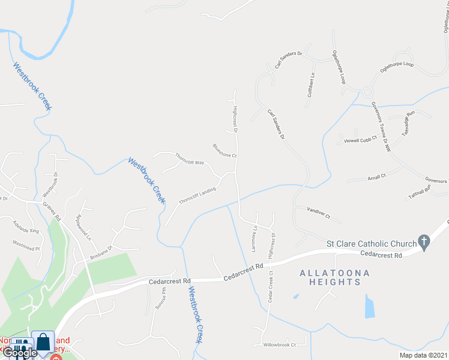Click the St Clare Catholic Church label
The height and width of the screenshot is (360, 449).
(x=371, y=244)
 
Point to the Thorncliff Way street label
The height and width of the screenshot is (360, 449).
(x=190, y=159)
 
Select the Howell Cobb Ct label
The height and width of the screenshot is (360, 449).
(x=360, y=140)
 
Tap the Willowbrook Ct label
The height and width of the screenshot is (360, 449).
(x=280, y=345)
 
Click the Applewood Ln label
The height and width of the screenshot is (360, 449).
(x=83, y=228)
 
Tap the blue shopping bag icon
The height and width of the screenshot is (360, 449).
(x=44, y=343)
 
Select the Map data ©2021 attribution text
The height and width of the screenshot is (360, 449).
(x=423, y=355)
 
